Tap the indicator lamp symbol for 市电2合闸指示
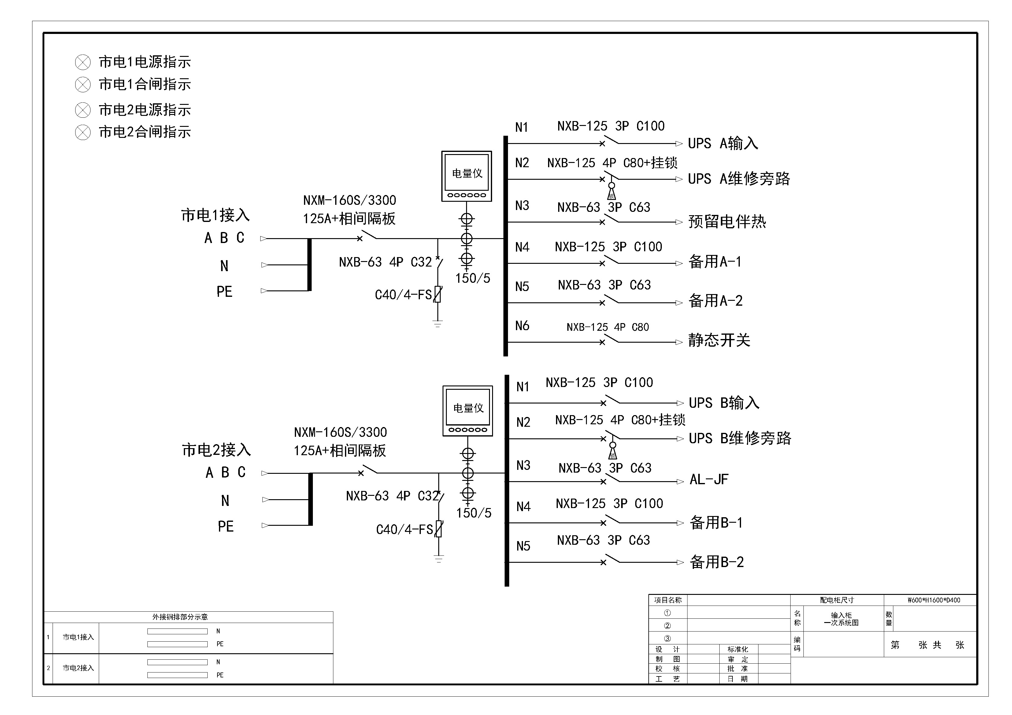pos(83,132)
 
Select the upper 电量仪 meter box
pos(467,176)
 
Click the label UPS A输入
pos(723,143)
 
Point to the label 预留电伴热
pos(727,222)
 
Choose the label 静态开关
pos(719,340)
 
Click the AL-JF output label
pos(709,479)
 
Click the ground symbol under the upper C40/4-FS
pos(438,324)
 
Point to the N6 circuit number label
pos(522,326)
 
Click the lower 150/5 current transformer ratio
pos(474,513)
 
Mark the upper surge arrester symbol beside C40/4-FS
pos(437,294)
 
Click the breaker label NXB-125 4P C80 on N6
pos(607,327)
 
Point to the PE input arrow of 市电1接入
pos(264,291)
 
